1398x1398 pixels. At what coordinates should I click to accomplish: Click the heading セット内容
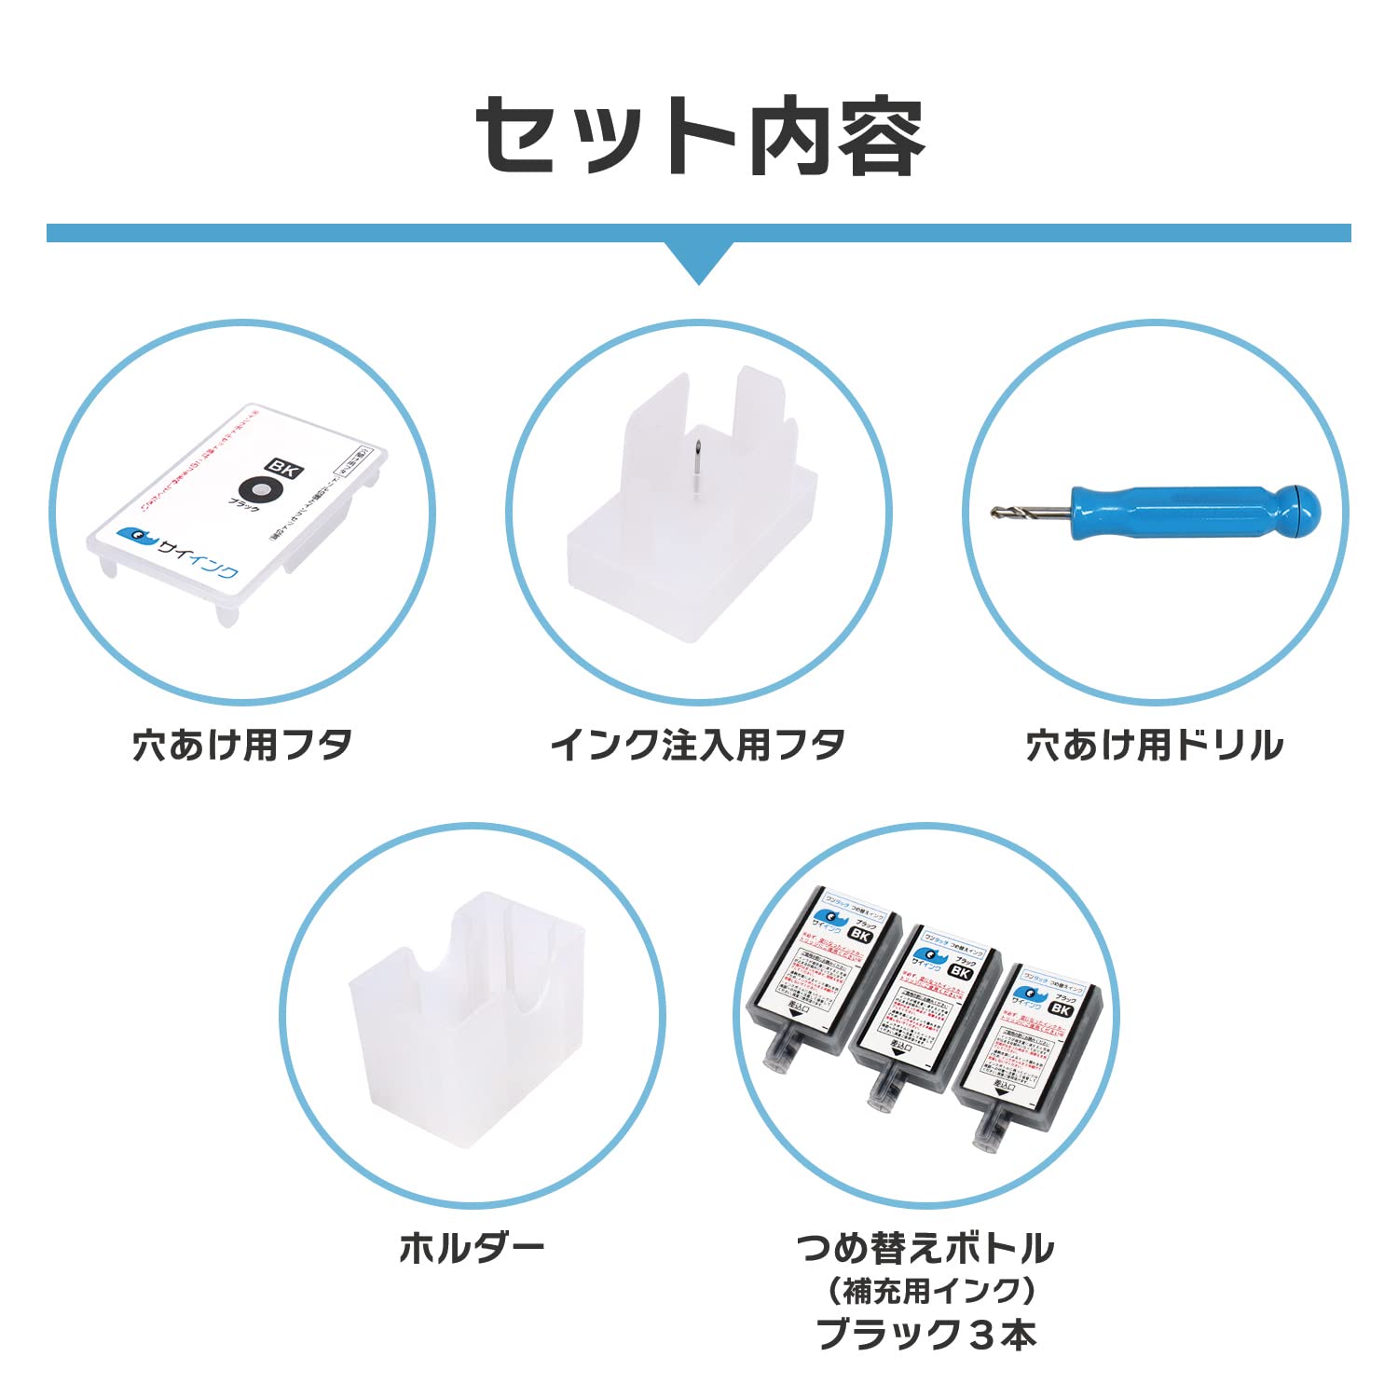pos(699,137)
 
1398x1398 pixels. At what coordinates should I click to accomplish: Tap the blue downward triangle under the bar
pos(699,261)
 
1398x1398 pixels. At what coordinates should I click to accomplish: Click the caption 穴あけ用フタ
pos(242,746)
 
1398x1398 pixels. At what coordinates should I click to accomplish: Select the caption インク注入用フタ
pos(698,746)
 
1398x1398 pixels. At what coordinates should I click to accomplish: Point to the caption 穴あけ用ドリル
pos(1155,746)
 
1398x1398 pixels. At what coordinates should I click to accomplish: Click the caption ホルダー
pos(472,1247)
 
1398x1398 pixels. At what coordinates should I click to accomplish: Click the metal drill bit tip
pos(1025,512)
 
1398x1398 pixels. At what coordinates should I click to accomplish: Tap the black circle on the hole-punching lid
pos(258,490)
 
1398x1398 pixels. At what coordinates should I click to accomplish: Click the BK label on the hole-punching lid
pos(283,469)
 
